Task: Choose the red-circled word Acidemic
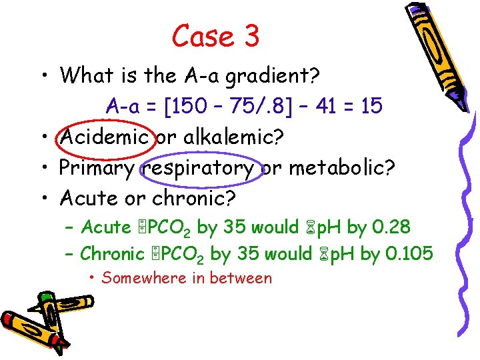[103, 137]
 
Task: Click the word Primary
[97, 168]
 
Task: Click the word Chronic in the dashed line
[112, 253]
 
